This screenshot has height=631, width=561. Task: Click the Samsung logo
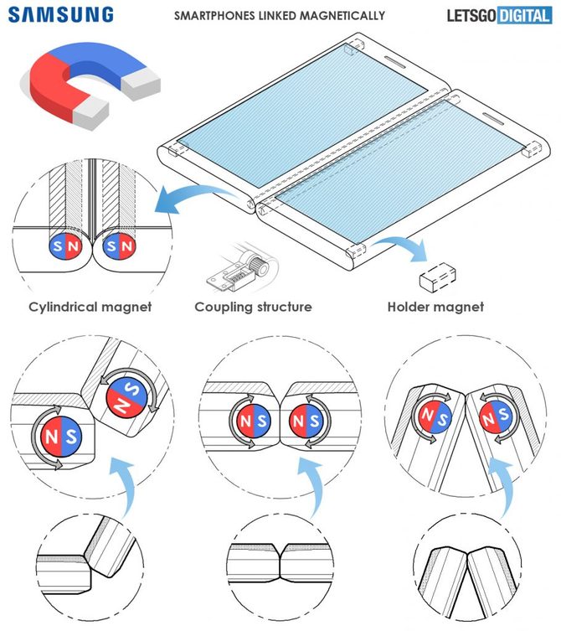click(62, 14)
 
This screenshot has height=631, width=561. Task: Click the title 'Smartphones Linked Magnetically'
click(279, 15)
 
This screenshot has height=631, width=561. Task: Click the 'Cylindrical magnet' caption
click(90, 307)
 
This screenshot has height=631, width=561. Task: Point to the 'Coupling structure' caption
click(253, 307)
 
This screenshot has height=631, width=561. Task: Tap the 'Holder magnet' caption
click(435, 307)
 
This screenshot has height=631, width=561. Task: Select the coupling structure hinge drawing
click(239, 266)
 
